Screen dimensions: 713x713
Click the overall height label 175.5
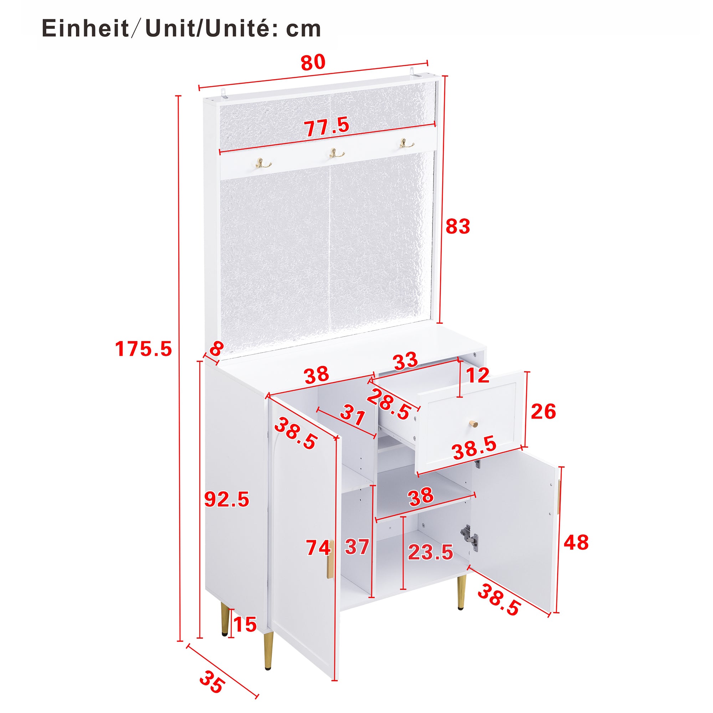tap(143, 349)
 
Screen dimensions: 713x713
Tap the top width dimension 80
tap(313, 62)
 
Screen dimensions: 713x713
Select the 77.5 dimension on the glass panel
tap(326, 126)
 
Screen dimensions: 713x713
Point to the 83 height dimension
tap(458, 227)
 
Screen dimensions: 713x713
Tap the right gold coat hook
tap(406, 143)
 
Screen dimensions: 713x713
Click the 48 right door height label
tap(576, 543)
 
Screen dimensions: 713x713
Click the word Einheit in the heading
tap(85, 29)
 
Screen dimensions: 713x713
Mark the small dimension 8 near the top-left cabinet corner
tap(216, 348)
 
